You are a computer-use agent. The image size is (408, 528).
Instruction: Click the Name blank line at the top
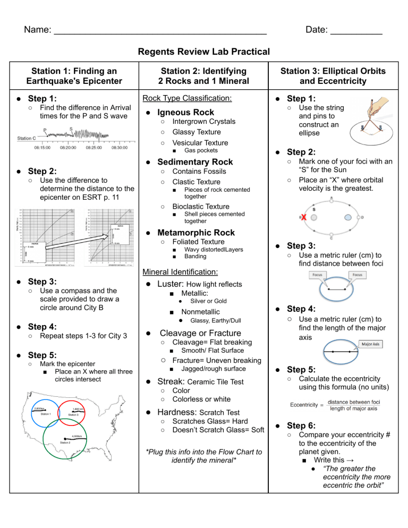(159, 33)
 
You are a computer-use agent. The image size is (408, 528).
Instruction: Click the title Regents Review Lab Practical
(203, 52)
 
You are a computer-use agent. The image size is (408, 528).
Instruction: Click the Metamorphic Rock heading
(196, 233)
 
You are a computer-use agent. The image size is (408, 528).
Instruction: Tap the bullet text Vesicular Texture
(200, 142)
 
